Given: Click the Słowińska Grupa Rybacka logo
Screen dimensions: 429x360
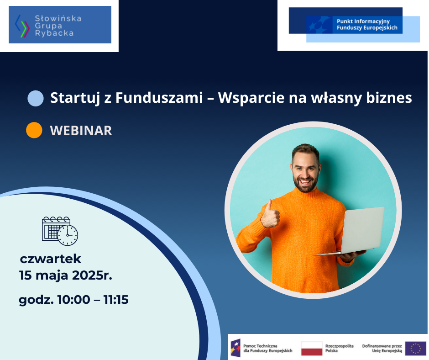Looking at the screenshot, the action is tap(60, 25).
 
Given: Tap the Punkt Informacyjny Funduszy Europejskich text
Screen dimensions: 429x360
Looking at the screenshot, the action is tap(367, 24).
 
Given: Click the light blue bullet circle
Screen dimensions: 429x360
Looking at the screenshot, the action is tap(36, 98).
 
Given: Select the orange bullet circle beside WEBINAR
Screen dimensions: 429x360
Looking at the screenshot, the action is tap(34, 130).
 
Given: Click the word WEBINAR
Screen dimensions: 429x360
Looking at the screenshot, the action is tap(81, 130).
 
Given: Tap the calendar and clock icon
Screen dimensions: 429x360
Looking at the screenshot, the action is tap(60, 231).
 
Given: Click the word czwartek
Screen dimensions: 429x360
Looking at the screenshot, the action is tap(51, 259).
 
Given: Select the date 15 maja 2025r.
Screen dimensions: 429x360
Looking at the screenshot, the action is tap(66, 275).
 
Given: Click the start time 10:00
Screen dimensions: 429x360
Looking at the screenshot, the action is tap(73, 299).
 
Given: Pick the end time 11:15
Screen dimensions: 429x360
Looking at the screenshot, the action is tap(116, 299).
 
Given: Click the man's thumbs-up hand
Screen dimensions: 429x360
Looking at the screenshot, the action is tap(270, 215).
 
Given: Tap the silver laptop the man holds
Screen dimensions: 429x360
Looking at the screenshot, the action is tap(356, 232).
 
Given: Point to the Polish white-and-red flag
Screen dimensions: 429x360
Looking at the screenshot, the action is tap(312, 348).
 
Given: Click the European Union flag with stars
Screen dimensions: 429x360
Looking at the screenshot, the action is tap(416, 348).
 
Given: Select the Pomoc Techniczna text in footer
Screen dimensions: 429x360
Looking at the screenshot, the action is tap(260, 346).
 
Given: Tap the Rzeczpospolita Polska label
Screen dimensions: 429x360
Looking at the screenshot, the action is tap(339, 348).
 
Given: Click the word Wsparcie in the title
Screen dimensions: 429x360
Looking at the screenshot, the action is tap(251, 98).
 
